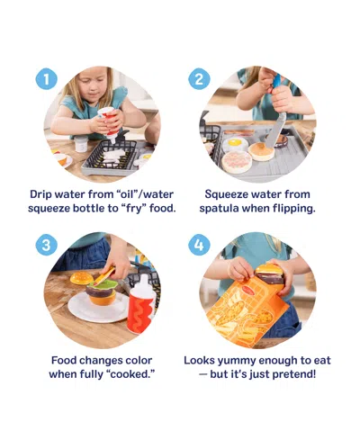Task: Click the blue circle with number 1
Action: (x=47, y=79)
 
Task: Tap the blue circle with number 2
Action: (x=200, y=79)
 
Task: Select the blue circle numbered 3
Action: (x=47, y=243)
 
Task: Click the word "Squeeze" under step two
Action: (x=229, y=193)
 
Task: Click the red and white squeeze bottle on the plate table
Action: (x=141, y=303)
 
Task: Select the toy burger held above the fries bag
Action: (x=269, y=273)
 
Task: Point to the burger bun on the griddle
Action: (x=261, y=150)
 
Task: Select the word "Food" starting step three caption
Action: (x=67, y=359)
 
